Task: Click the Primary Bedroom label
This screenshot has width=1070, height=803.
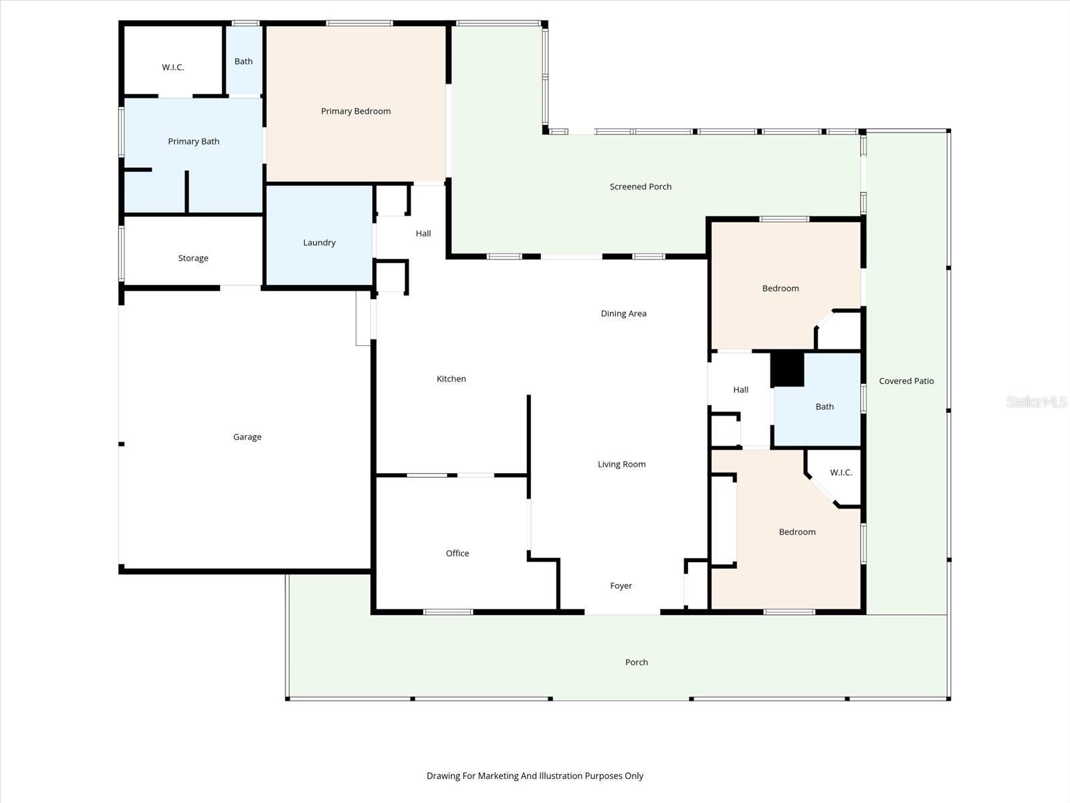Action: point(356,111)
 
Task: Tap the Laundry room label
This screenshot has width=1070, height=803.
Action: point(319,242)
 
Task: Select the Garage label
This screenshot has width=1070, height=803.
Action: point(247,437)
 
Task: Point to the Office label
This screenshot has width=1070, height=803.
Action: point(457,553)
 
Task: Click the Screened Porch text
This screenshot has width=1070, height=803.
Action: point(640,187)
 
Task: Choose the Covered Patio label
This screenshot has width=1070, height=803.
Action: point(906,381)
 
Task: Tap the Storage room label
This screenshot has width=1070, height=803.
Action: point(193,258)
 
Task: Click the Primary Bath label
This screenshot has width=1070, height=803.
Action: point(193,141)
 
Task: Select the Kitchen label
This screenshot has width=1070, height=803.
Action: point(451,379)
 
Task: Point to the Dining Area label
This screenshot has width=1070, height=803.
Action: point(623,313)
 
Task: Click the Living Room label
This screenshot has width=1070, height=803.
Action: point(621,464)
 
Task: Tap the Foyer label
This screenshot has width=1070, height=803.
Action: point(621,586)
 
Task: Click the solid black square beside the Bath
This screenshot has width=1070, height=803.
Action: point(787,369)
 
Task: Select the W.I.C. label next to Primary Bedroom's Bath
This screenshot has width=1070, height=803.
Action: point(173,68)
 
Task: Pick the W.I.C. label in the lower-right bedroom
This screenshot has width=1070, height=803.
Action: point(841,472)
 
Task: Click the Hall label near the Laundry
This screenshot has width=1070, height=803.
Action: point(423,234)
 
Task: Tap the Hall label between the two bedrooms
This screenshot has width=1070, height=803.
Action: point(740,389)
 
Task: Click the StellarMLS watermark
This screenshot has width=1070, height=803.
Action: point(1037,401)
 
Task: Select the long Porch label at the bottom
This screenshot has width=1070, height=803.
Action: point(636,662)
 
